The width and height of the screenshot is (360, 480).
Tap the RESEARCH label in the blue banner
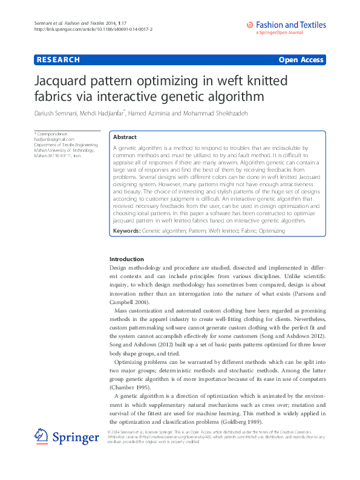[x=58, y=60]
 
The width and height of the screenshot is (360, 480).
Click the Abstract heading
[x=125, y=137]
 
